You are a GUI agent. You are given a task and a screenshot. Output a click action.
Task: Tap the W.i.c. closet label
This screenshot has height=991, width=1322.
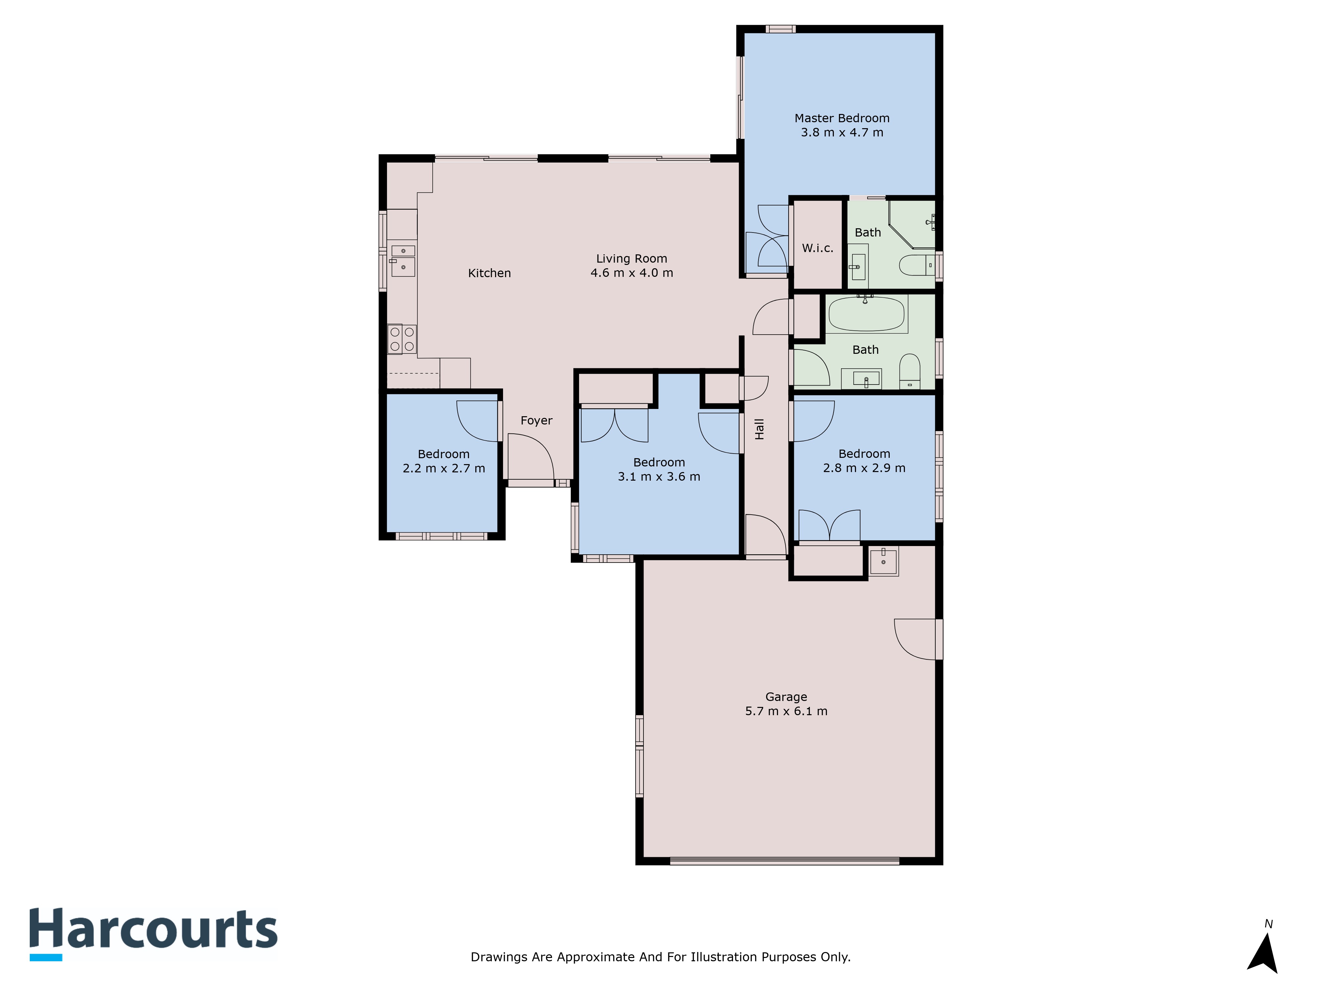818,248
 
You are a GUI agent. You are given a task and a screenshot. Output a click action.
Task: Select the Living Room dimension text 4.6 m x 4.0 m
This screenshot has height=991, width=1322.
632,273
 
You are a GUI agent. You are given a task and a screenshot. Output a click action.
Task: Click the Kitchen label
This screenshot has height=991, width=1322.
489,273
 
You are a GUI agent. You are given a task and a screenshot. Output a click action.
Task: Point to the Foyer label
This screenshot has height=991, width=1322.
536,421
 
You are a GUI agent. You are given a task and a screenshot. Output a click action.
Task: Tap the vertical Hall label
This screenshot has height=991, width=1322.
759,429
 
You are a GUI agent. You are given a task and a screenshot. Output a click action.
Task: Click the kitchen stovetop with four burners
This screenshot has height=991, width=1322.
402,339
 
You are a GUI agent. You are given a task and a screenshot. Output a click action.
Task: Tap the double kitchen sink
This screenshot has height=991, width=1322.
403,260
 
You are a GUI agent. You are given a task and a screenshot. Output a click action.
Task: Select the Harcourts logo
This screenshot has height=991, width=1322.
154,934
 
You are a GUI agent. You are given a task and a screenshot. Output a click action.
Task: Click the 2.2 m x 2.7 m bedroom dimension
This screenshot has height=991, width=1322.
444,468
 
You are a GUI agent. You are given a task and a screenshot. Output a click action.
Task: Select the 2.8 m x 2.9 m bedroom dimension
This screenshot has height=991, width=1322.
864,468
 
